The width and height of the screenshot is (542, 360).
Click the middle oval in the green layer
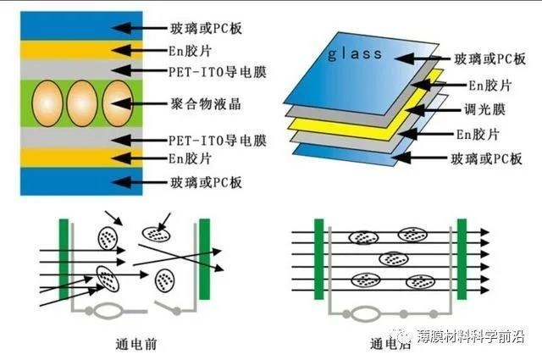(x=81, y=103)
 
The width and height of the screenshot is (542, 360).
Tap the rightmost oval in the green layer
(x=117, y=103)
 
